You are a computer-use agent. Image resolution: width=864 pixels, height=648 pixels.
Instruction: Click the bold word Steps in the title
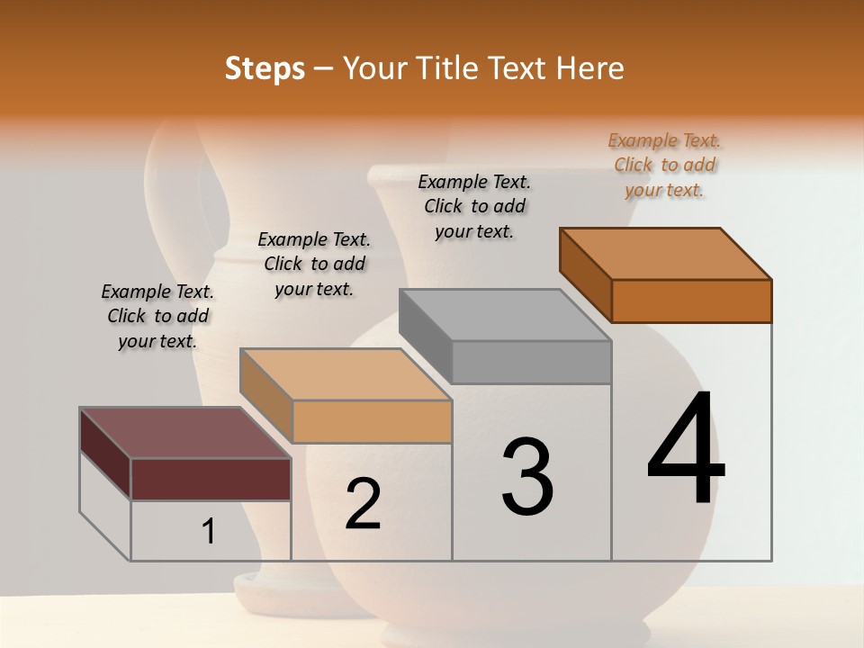(265, 68)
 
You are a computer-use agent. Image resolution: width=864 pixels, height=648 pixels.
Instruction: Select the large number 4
(686, 449)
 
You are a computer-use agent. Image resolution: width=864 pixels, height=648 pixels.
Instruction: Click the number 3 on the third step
(527, 477)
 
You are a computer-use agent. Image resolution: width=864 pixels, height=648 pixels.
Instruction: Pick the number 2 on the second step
(363, 504)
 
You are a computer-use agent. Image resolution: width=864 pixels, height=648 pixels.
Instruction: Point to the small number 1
(209, 532)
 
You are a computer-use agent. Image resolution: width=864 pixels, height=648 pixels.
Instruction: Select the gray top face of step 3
(505, 315)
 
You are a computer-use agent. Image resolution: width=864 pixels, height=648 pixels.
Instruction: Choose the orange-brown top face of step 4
(666, 254)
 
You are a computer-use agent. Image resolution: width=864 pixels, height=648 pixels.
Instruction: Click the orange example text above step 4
(664, 165)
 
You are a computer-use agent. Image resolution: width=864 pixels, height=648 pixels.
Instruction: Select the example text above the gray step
(474, 206)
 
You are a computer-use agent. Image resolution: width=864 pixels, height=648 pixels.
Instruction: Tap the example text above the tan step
(314, 264)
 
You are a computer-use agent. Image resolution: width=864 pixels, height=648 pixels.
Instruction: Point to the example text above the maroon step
(157, 316)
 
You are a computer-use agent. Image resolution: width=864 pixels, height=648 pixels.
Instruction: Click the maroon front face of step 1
(211, 479)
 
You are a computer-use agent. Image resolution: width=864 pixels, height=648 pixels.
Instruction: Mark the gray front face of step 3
(531, 363)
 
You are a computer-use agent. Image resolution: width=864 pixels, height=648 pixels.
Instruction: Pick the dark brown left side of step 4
(585, 274)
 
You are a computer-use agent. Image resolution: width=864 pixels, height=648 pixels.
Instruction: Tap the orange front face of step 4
(691, 301)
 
